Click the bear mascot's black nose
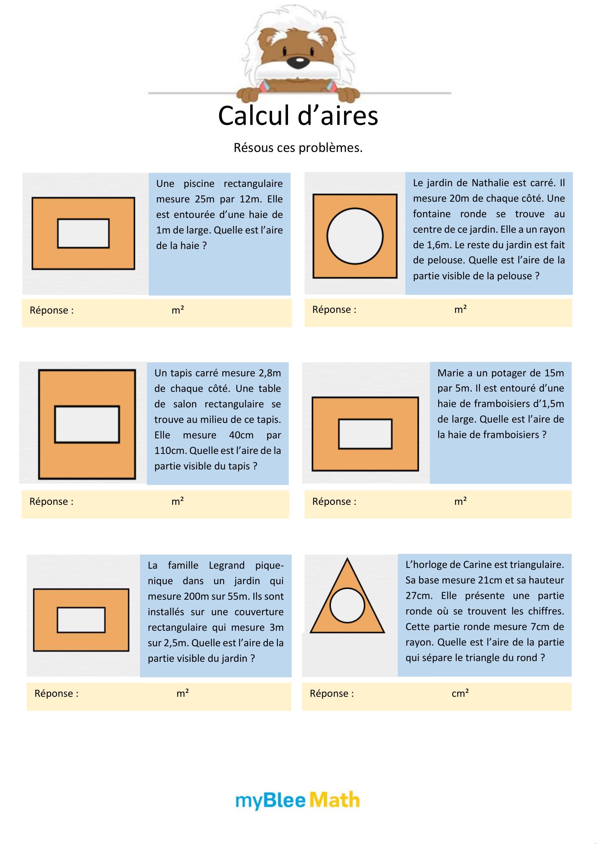tap(296, 61)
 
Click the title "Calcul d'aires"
tap(298, 116)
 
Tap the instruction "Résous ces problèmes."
tap(298, 148)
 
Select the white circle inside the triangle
tap(347, 605)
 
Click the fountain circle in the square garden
tap(355, 236)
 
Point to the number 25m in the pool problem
tap(205, 199)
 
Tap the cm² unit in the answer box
tap(460, 693)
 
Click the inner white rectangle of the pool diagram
tap(83, 233)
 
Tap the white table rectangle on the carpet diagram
tap(87, 424)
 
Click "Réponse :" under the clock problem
tap(332, 693)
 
